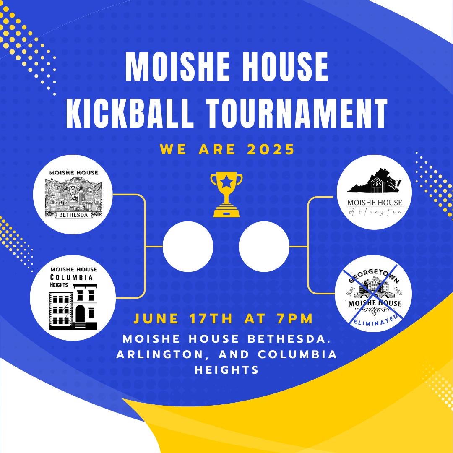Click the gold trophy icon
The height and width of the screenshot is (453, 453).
click(x=226, y=194)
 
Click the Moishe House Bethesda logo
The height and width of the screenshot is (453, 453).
click(x=73, y=194)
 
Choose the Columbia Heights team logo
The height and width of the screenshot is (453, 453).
click(x=73, y=297)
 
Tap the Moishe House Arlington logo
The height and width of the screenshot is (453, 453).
click(x=375, y=192)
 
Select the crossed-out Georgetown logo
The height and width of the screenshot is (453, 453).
click(x=373, y=294)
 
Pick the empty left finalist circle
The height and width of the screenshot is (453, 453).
click(x=188, y=247)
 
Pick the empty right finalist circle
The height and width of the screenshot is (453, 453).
click(x=264, y=247)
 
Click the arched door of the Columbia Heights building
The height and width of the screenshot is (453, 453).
click(x=80, y=313)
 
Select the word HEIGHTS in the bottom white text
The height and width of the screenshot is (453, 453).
click(x=226, y=370)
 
